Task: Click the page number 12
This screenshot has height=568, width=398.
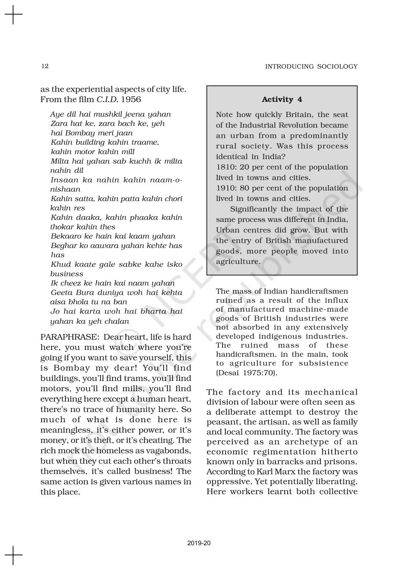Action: (x=45, y=66)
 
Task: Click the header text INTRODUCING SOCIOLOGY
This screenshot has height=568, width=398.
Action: (x=311, y=67)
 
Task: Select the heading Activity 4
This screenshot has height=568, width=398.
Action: (x=282, y=100)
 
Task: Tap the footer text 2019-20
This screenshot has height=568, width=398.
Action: (x=199, y=543)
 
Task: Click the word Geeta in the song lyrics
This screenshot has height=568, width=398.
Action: (x=61, y=293)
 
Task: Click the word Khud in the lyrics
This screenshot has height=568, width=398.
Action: (x=58, y=264)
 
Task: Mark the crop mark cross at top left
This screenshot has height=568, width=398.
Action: (x=14, y=15)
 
